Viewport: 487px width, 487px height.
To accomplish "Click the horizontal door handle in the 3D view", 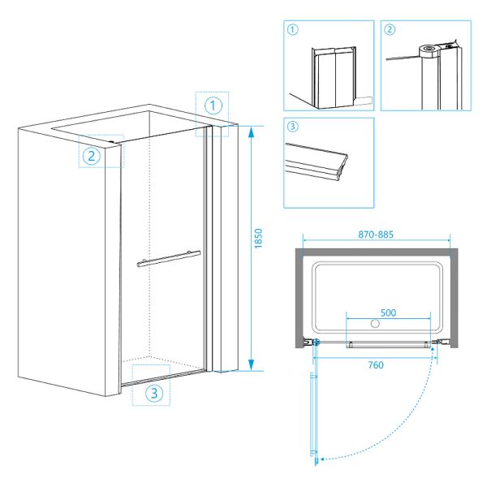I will click(168, 259).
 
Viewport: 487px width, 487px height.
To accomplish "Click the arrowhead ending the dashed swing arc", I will click(323, 459).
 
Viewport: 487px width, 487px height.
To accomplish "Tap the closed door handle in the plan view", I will click(387, 345).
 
